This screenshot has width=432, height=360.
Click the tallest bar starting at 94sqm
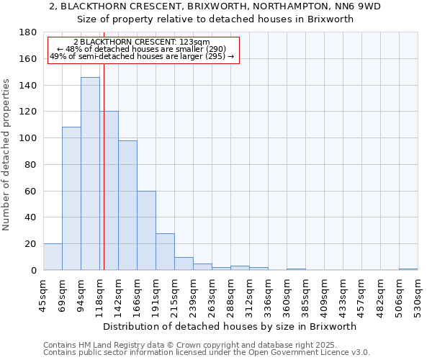[90, 173]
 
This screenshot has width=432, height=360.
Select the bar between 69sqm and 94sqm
[71, 198]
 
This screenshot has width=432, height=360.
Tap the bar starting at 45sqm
[53, 257]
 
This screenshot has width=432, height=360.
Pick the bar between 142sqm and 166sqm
[127, 205]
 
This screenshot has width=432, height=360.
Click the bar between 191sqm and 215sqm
[165, 252]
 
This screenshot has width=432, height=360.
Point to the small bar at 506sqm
[408, 269]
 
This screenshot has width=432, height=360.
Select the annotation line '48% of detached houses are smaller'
[142, 49]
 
